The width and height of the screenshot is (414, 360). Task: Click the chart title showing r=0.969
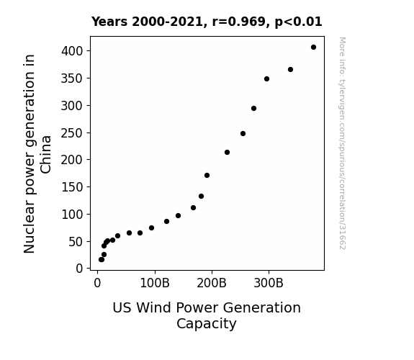207,22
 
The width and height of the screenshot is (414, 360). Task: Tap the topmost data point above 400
313,48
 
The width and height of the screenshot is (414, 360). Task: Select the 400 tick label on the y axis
72,51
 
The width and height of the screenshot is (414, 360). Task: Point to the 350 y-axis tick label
72,78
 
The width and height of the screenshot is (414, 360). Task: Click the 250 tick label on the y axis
72,133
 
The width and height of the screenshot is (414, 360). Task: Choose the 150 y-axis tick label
72,187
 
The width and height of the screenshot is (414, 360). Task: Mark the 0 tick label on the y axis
79,269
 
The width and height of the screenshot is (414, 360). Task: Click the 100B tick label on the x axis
155,283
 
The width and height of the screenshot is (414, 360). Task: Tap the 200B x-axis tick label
212,283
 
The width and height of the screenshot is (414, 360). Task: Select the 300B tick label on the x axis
269,283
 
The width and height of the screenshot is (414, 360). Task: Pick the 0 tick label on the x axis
97,283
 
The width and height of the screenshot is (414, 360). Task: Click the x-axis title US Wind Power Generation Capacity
207,315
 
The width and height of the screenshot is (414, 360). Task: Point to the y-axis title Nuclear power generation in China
37,153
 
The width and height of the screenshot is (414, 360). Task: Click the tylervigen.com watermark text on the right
342,143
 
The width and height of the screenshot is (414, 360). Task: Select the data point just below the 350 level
266,79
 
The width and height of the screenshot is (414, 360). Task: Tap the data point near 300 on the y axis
253,108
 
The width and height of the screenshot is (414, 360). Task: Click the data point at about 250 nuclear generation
243,134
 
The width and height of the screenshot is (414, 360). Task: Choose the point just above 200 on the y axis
227,153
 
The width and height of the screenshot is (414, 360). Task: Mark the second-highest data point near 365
290,69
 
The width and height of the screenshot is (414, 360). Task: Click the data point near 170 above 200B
207,176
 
